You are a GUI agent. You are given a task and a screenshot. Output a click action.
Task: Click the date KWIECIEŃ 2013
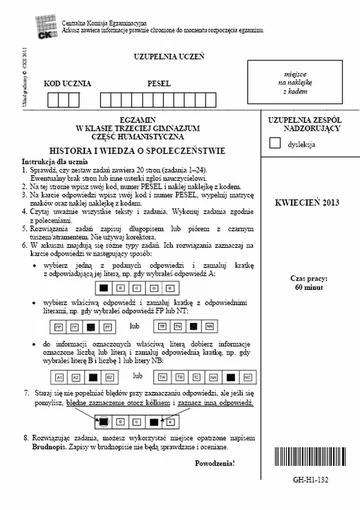306,202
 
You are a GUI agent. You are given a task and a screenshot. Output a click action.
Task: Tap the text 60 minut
306,258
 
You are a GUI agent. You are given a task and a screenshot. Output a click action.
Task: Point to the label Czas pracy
306,249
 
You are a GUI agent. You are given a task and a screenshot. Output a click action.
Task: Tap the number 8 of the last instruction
25,439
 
